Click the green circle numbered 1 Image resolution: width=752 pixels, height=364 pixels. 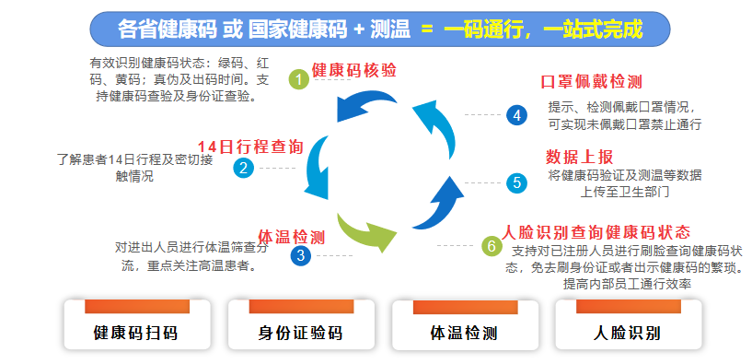(298, 79)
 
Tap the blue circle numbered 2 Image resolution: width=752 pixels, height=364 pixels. (244, 168)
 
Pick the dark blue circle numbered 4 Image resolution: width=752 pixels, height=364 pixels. (516, 115)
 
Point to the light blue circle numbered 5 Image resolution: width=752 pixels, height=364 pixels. (516, 182)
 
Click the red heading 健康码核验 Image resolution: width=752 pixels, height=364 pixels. (354, 71)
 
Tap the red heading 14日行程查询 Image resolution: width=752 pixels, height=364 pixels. (249, 147)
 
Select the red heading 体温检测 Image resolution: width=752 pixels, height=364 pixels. (291, 236)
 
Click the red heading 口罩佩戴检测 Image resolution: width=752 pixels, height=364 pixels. (591, 82)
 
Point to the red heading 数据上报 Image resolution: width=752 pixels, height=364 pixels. (579, 156)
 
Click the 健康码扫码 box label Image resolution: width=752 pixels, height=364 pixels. (135, 333)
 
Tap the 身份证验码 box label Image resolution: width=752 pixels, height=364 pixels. (300, 333)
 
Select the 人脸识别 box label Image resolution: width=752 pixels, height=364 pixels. (628, 333)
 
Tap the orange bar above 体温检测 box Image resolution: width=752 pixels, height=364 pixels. (464, 307)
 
